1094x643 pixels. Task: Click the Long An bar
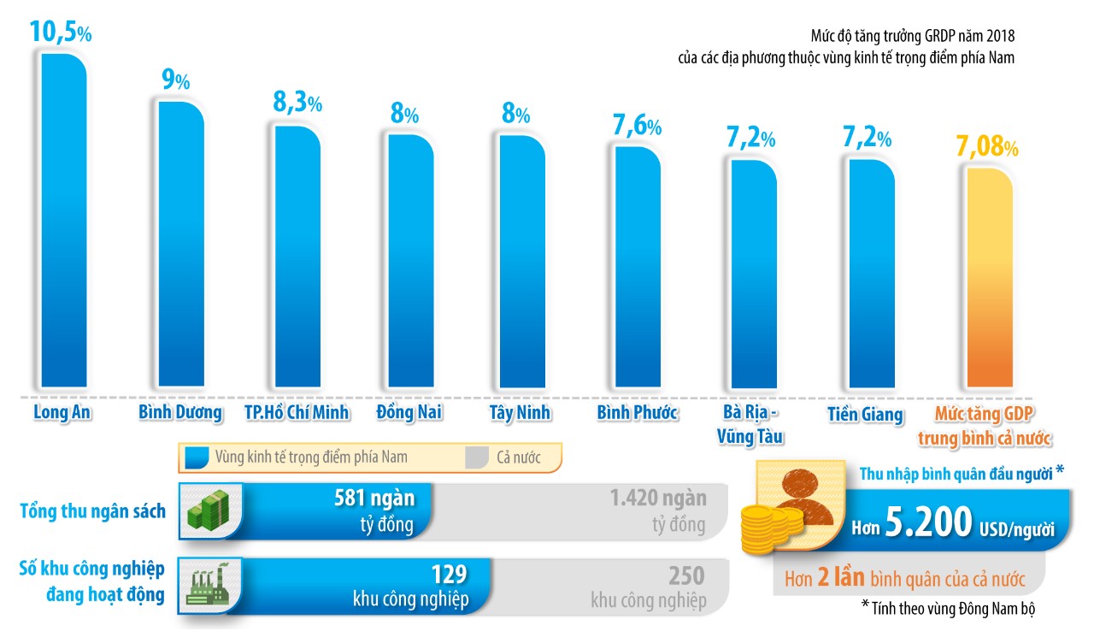pyautogui.click(x=63, y=222)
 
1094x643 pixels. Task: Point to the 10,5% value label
pyautogui.click(x=60, y=32)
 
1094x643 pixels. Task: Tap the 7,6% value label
pyautogui.click(x=637, y=126)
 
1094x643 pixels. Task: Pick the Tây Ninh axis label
pyautogui.click(x=521, y=413)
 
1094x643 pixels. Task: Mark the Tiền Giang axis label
pyautogui.click(x=865, y=415)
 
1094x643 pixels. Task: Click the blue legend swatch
pyautogui.click(x=197, y=457)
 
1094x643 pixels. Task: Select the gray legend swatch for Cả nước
pyautogui.click(x=476, y=457)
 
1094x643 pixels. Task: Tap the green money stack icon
pyautogui.click(x=210, y=511)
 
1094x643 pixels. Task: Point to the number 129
pyautogui.click(x=450, y=574)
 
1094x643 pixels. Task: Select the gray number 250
pyautogui.click(x=686, y=575)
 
